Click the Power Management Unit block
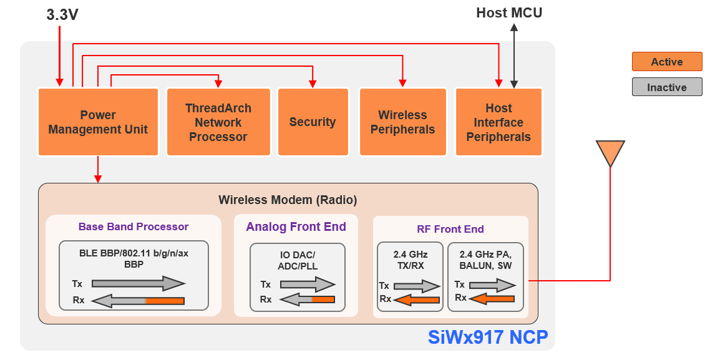coord(98,122)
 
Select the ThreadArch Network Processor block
coord(218,122)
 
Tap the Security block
coord(313,122)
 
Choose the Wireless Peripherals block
coord(402,122)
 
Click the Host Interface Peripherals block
coord(498,122)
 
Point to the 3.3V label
coord(62,15)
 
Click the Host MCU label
coord(509,12)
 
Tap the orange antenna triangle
coord(610,152)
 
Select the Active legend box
coord(667,62)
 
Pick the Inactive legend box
coord(667,87)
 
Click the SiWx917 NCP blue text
coord(488,338)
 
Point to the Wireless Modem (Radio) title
coord(288,200)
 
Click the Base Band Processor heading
coord(134,226)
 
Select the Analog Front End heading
coord(296,226)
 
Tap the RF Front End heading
coord(450,229)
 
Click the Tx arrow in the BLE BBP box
coord(138,284)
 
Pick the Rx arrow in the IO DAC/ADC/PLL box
coord(307,299)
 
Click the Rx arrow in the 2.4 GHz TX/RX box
coord(417,300)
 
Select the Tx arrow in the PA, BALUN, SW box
coord(492,285)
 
